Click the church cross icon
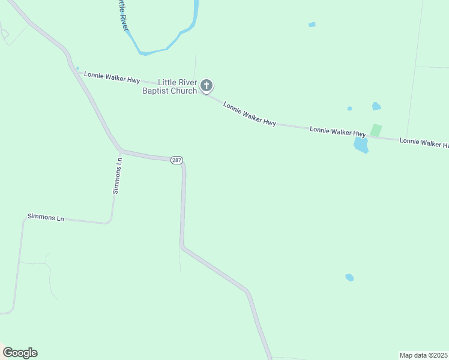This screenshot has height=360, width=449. click(x=206, y=85)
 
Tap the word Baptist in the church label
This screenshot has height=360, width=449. click(x=156, y=91)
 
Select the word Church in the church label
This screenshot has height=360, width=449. click(x=184, y=91)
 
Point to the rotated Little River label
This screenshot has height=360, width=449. click(x=122, y=14)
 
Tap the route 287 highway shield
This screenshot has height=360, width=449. click(x=176, y=160)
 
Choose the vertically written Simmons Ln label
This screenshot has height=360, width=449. click(x=118, y=175)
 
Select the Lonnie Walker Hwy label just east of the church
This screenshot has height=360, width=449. click(x=250, y=114)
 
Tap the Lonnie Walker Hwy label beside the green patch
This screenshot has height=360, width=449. click(x=337, y=131)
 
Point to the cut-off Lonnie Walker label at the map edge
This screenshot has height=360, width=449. click(x=424, y=143)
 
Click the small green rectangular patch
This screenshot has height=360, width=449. click(x=376, y=130)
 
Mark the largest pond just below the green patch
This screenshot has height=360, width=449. click(x=361, y=145)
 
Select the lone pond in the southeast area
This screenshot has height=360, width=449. click(x=349, y=277)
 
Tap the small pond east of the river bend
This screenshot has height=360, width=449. click(x=312, y=25)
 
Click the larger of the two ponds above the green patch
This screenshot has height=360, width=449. click(x=376, y=106)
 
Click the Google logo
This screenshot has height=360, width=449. click(x=20, y=353)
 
